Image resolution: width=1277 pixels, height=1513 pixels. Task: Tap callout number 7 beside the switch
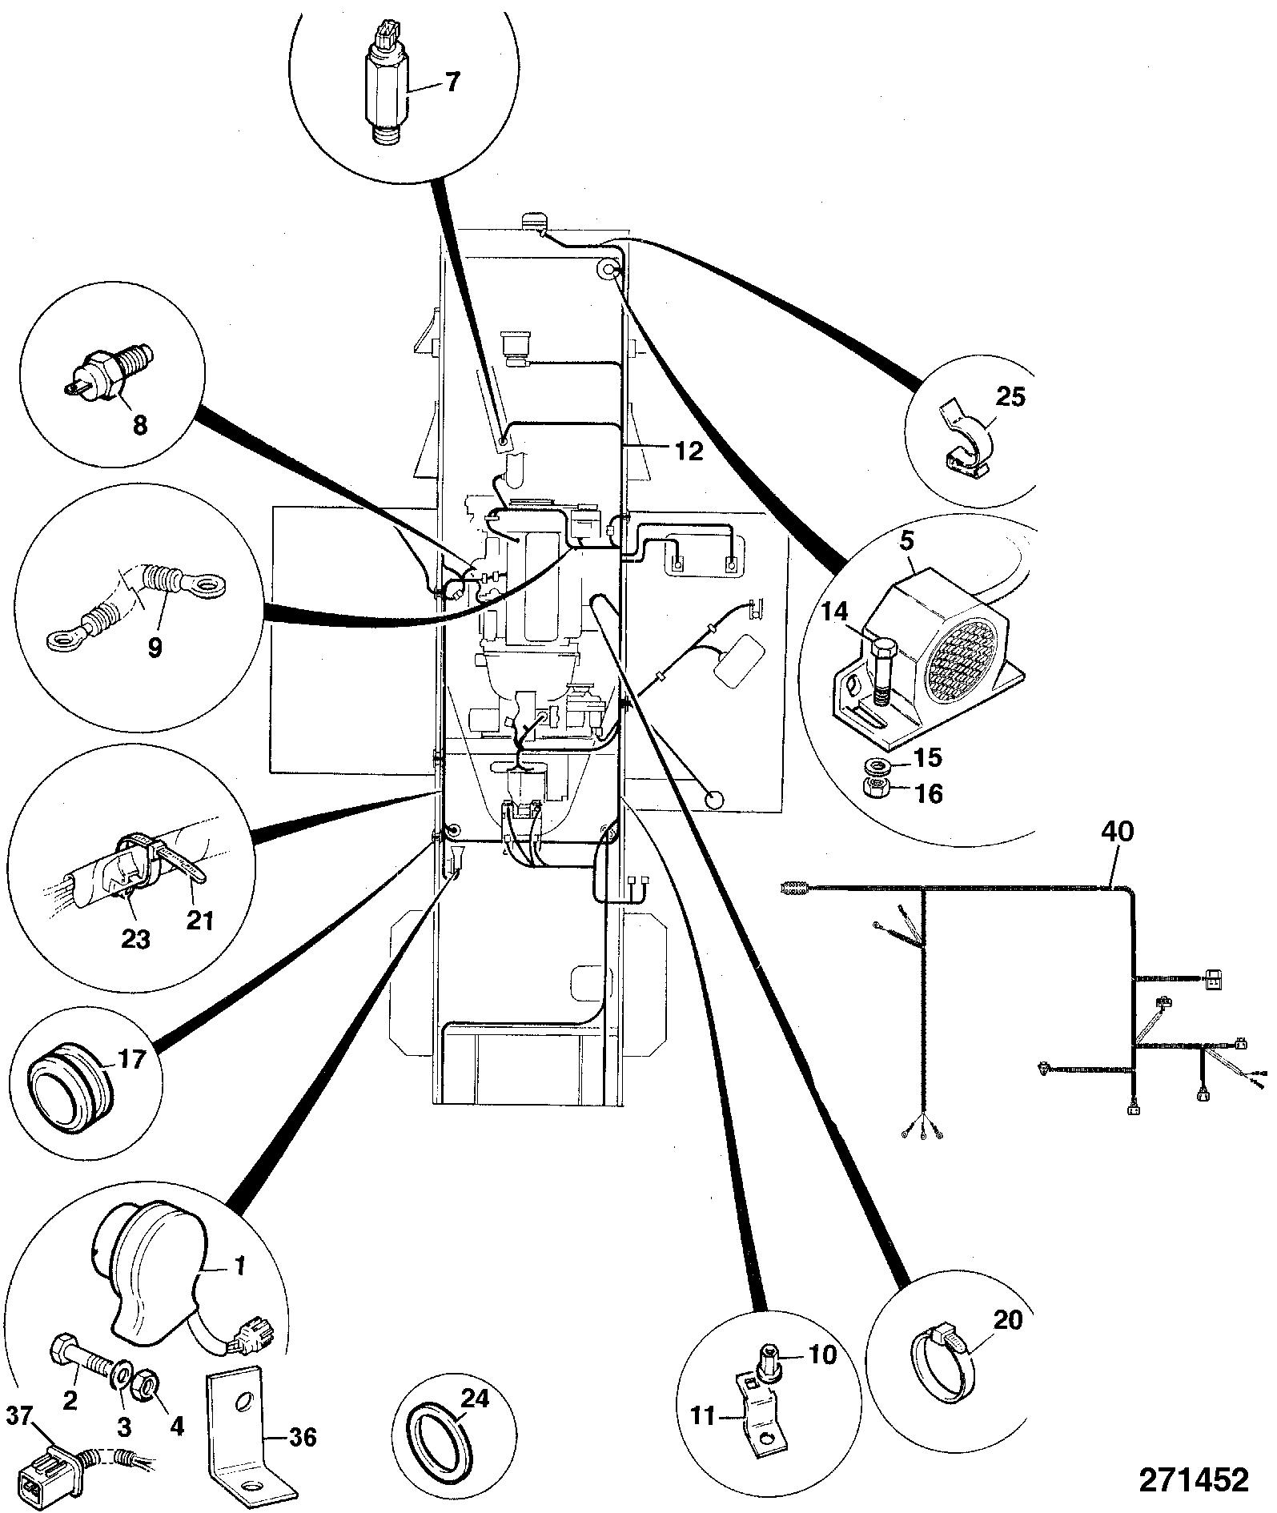453,82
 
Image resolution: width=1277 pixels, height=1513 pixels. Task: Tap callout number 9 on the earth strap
154,647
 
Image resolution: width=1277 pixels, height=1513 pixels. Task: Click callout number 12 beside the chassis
689,452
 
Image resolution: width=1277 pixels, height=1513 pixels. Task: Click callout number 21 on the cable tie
200,921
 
